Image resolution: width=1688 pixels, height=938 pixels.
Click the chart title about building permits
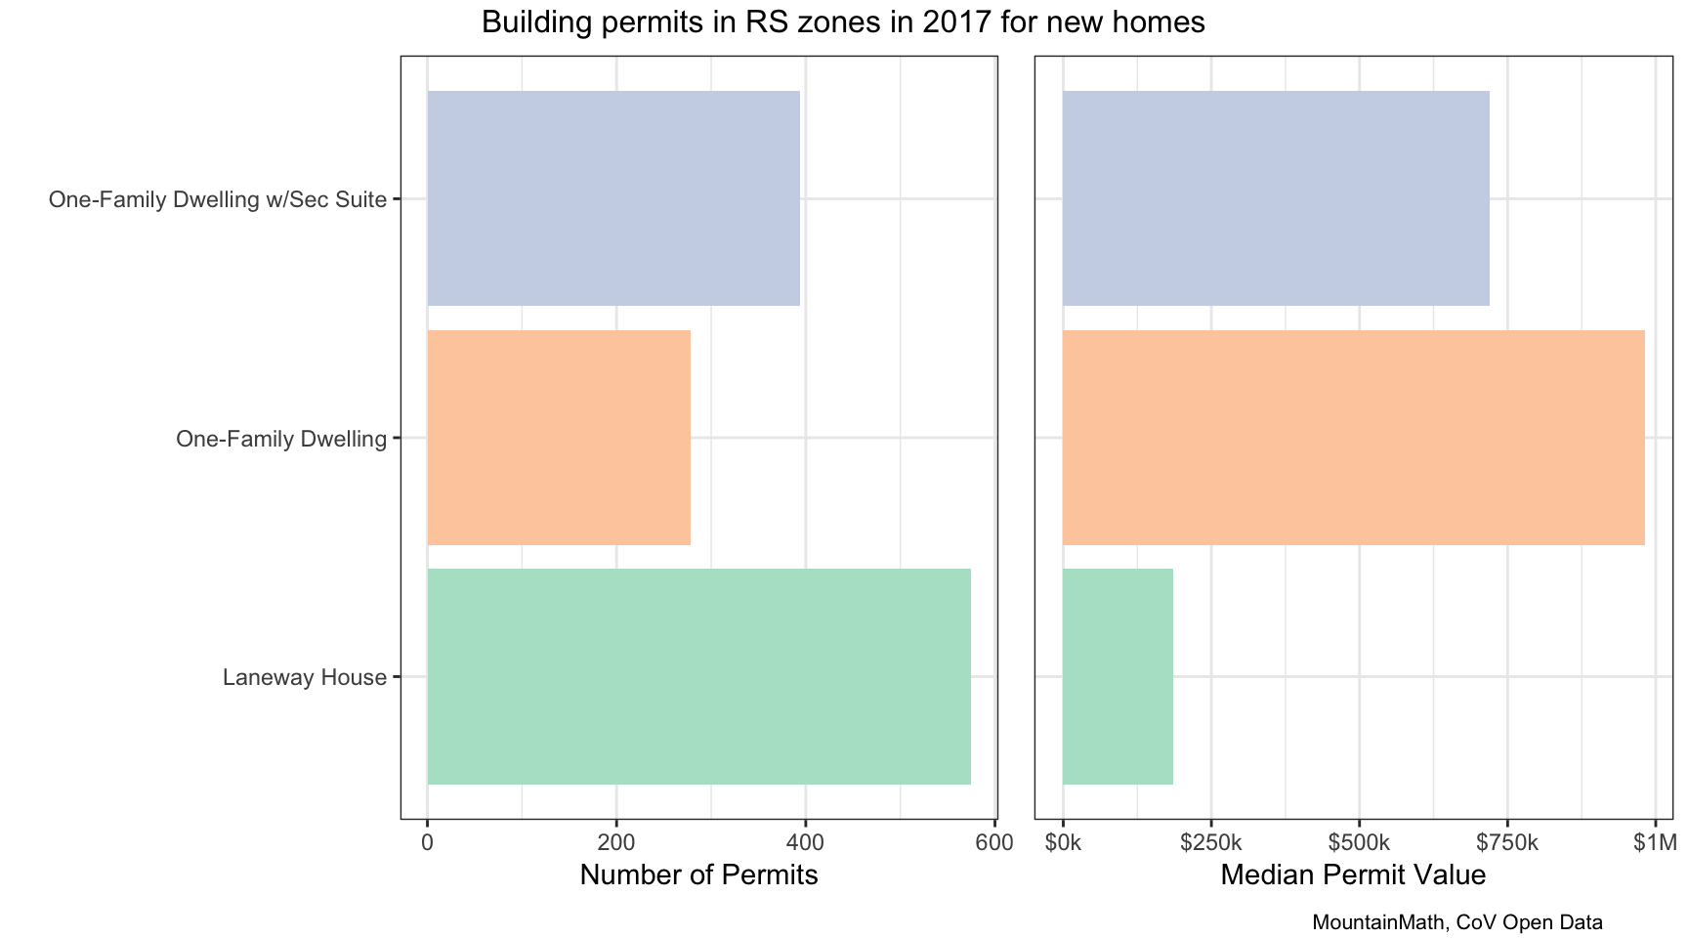[x=843, y=22]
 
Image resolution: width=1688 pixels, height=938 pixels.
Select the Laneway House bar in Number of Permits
[x=698, y=676]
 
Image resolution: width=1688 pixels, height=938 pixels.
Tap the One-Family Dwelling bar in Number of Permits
[x=559, y=438]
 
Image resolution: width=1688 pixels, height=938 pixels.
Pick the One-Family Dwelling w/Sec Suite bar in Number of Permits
[x=613, y=198]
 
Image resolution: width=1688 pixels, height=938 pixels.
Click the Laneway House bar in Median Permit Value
[x=1118, y=676]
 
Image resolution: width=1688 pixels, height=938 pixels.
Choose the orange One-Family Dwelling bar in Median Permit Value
[x=1353, y=438]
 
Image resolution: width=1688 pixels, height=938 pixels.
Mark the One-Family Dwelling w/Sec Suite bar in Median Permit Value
[x=1276, y=198]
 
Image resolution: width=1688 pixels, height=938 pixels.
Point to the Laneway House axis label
[x=305, y=677]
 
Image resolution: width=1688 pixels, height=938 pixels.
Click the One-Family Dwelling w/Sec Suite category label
[x=218, y=200]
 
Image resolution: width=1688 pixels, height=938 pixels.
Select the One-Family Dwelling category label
[x=281, y=439]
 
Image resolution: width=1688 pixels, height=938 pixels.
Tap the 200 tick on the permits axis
[x=616, y=842]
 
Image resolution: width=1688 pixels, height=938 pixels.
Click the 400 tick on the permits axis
[x=805, y=842]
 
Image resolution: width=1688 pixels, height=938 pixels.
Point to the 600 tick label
[x=993, y=842]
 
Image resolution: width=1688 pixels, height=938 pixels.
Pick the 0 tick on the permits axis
[x=427, y=842]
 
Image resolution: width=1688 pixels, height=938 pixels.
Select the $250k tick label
[x=1210, y=842]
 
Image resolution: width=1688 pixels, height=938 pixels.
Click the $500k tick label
[x=1359, y=842]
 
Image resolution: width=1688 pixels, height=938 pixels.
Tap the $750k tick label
[x=1507, y=842]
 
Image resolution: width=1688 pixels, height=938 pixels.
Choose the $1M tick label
[x=1654, y=842]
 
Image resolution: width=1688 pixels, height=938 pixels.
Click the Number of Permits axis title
[x=698, y=874]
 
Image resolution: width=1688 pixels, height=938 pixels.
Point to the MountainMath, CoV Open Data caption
[x=1457, y=921]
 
